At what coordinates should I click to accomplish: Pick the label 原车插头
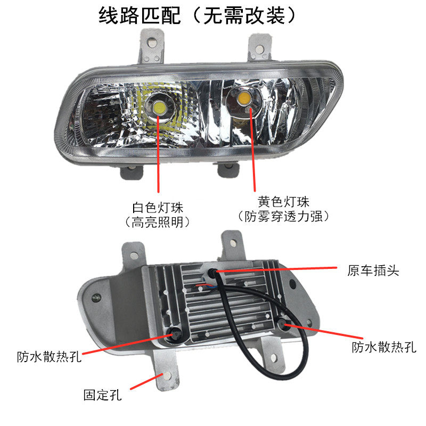[372, 271]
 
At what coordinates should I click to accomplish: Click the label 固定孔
[103, 396]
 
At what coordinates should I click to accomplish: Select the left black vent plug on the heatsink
[175, 333]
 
